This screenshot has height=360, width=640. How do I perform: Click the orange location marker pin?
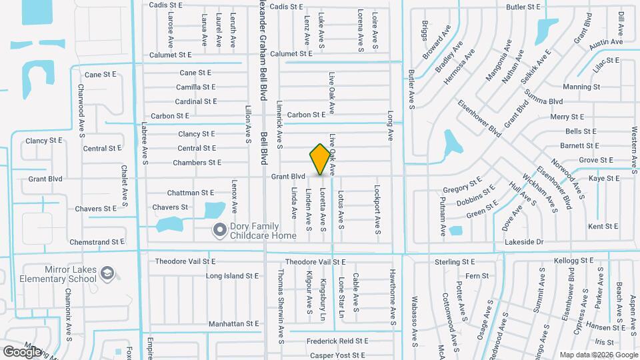point(320,159)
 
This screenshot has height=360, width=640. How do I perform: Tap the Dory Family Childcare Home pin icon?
point(219,231)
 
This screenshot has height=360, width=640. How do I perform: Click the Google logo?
point(23,351)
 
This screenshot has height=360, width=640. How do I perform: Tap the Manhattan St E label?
point(233,323)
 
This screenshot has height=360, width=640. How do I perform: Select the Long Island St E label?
point(232,275)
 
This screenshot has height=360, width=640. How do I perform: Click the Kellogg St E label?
point(573,261)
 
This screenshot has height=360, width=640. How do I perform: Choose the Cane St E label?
point(195,73)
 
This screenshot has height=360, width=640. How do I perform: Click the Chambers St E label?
point(197,163)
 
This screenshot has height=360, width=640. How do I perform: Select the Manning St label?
point(581,87)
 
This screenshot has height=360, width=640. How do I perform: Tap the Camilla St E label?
point(196,87)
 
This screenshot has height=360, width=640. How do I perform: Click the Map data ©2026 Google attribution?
point(598,354)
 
